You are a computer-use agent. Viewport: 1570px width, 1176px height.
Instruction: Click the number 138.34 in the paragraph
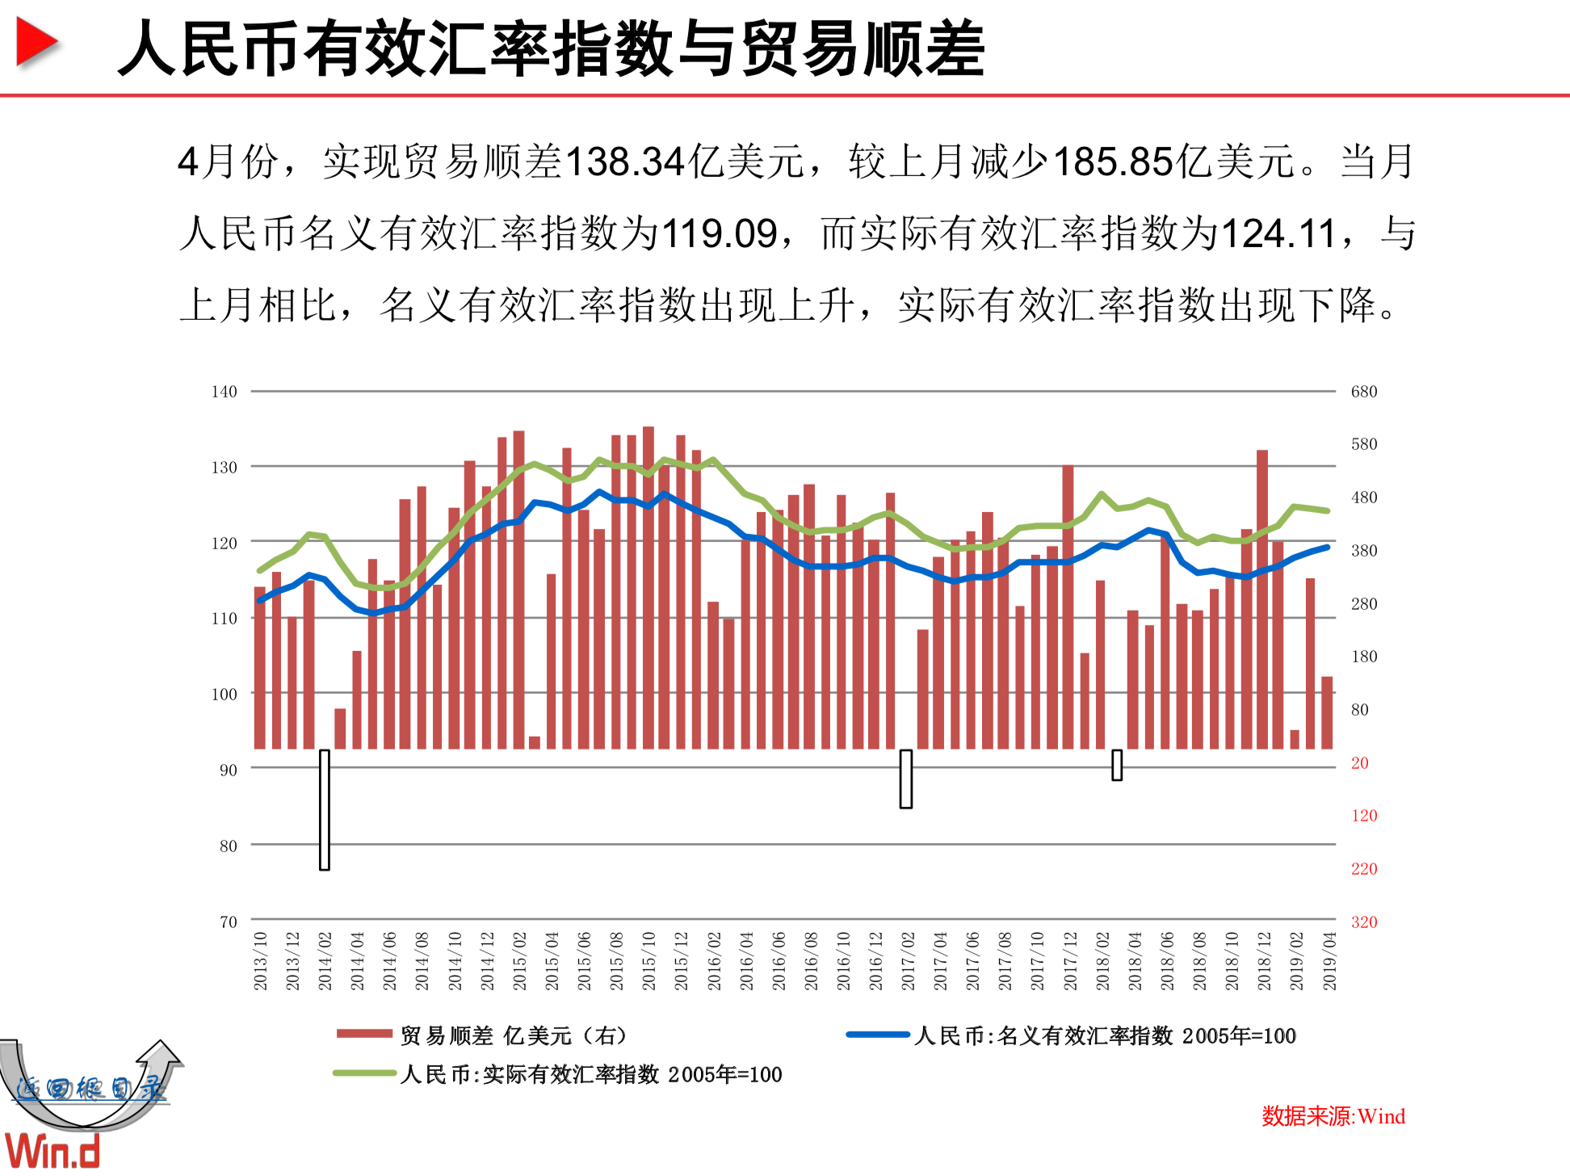point(625,162)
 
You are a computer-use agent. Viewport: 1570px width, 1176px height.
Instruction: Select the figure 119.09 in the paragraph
point(720,234)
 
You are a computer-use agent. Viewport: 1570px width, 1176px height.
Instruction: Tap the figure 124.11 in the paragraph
point(1278,234)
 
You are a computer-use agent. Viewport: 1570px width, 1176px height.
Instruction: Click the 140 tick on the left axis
point(224,392)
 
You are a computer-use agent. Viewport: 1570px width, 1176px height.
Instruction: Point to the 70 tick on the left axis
point(228,922)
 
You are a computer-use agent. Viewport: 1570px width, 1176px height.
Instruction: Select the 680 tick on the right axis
point(1363,392)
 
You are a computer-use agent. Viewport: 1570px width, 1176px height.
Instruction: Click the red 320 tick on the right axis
point(1363,922)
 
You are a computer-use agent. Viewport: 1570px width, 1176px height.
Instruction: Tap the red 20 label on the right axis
point(1359,762)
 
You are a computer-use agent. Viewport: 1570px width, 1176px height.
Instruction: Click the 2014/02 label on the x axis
point(325,961)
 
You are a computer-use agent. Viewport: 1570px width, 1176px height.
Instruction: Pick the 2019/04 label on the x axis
point(1329,961)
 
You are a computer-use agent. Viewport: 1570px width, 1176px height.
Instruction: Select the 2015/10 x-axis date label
point(649,961)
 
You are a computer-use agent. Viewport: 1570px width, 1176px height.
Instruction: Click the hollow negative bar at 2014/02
point(325,809)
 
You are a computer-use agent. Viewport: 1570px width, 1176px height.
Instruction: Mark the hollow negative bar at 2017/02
point(906,779)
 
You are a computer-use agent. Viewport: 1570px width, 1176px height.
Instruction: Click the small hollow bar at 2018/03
point(1117,765)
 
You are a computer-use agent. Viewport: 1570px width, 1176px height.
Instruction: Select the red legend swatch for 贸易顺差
point(364,1034)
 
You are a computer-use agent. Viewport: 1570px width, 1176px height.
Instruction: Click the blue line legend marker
point(878,1035)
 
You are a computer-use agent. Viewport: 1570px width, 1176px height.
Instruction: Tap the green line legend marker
point(364,1073)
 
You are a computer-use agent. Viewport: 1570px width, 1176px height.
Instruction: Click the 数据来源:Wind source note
point(1333,1116)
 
